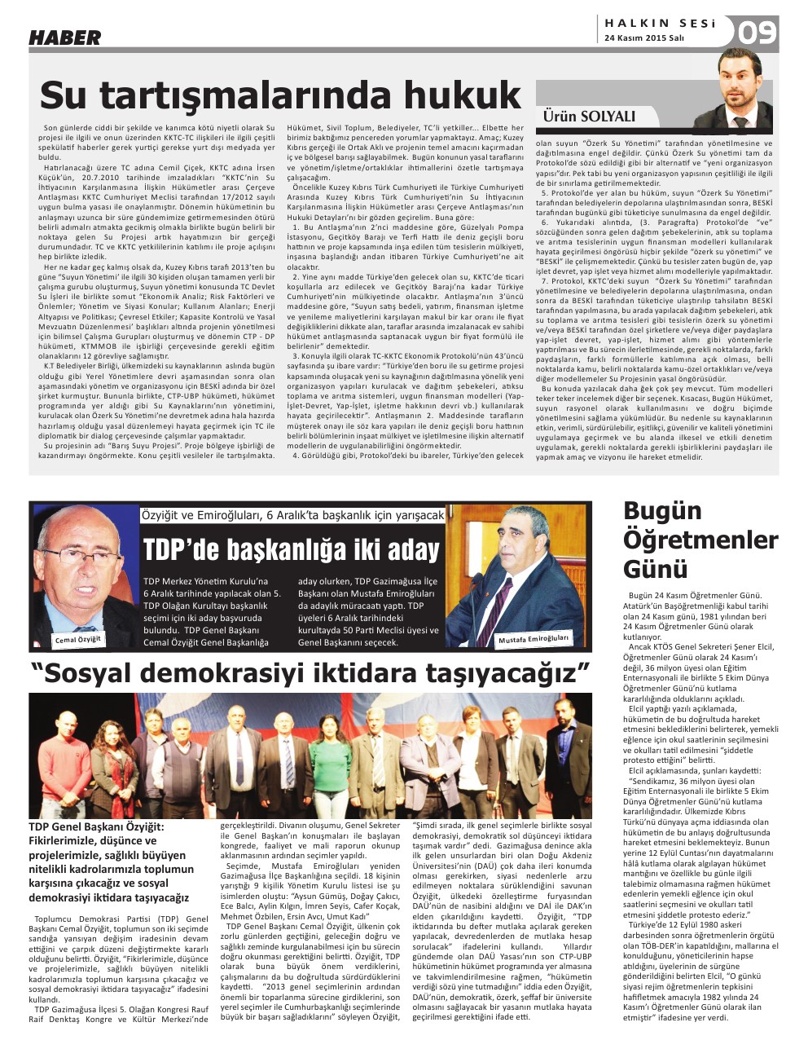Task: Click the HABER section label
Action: [65, 37]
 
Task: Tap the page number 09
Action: [758, 33]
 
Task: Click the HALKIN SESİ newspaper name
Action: [661, 24]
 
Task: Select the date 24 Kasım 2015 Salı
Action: [644, 38]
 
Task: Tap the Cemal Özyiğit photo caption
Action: [78, 640]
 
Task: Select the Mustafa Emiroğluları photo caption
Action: [534, 639]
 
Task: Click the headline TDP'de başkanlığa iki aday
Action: [292, 550]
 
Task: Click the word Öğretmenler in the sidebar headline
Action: [700, 540]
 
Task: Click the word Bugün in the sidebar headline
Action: [662, 511]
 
